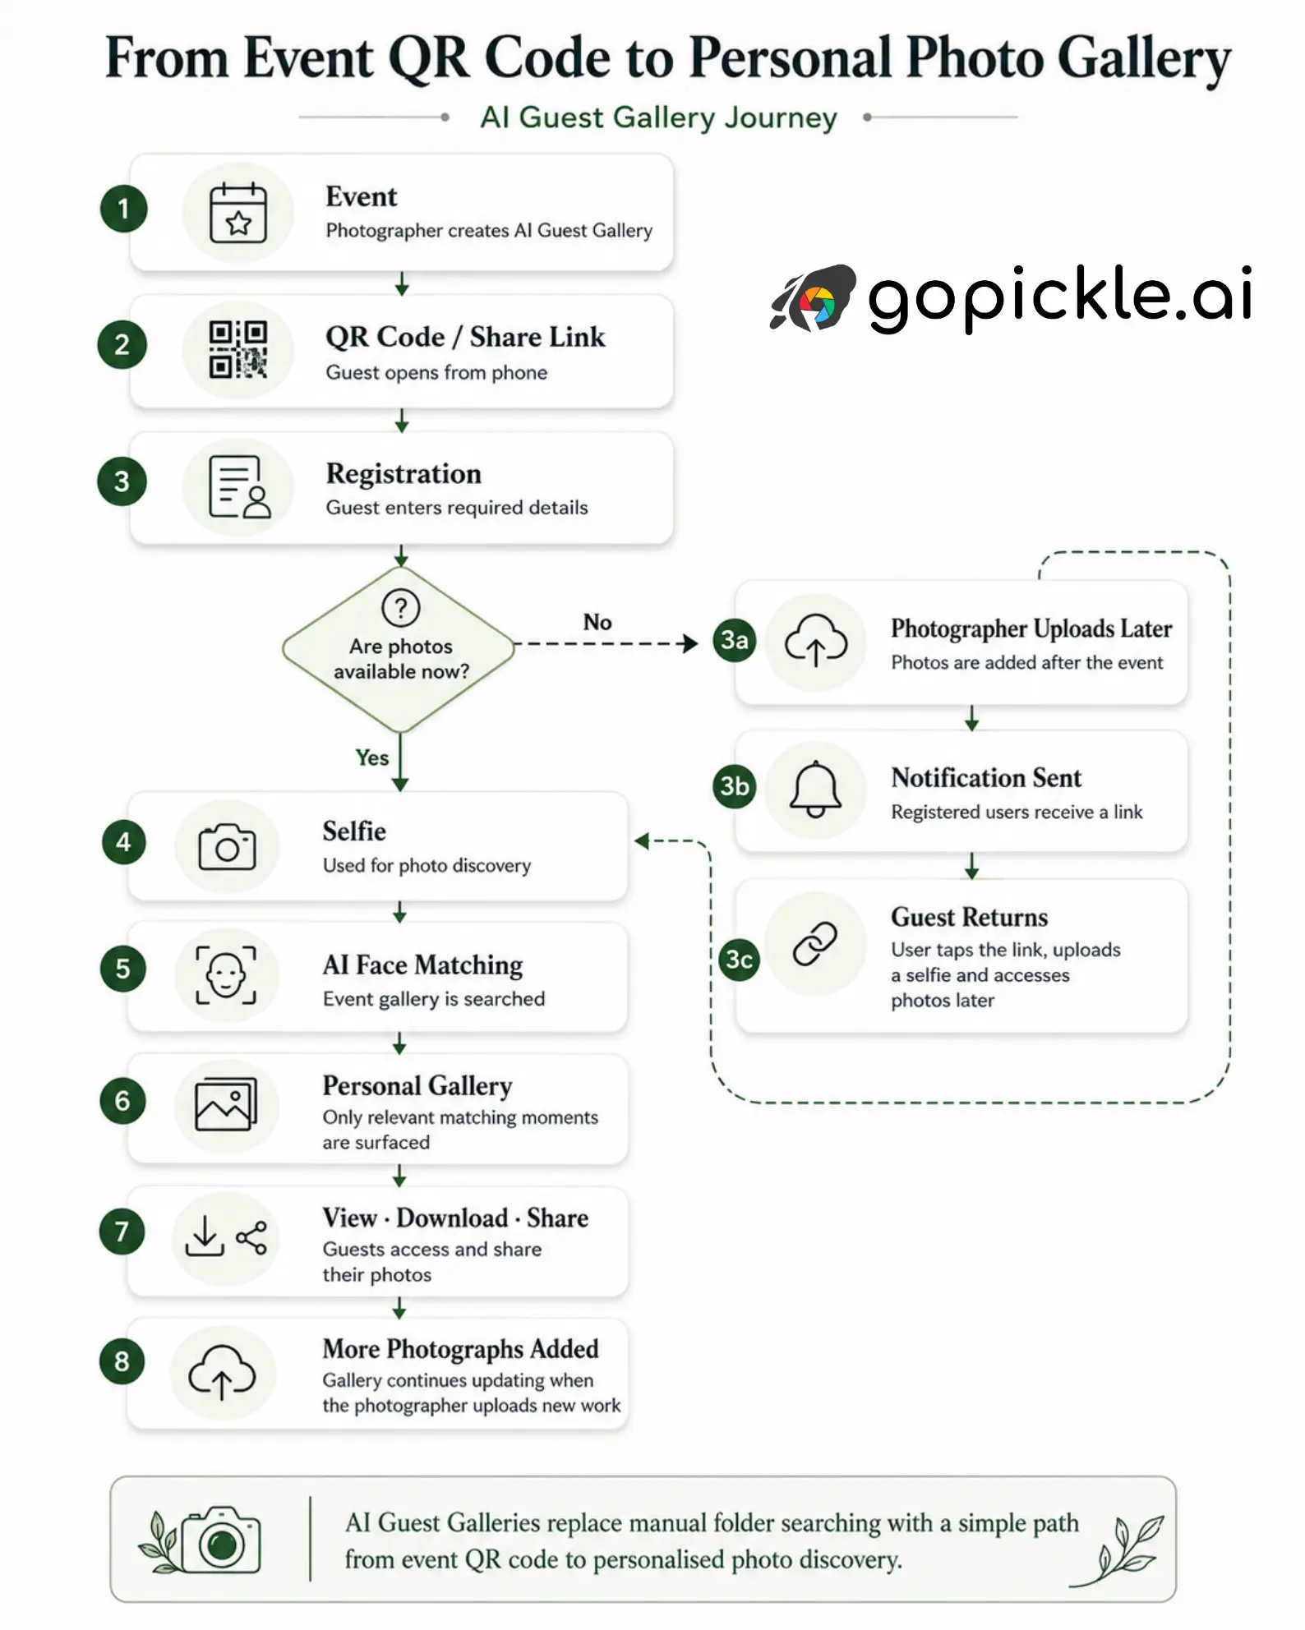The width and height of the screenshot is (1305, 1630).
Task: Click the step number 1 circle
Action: pyautogui.click(x=123, y=209)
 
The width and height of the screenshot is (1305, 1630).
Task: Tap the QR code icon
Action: pyautogui.click(x=238, y=349)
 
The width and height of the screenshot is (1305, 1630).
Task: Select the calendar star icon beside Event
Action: pyautogui.click(x=238, y=213)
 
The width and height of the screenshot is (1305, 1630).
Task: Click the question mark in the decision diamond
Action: pyautogui.click(x=401, y=608)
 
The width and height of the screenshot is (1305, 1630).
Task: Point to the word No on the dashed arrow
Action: pyautogui.click(x=597, y=622)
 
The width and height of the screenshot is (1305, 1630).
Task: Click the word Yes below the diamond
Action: pyautogui.click(x=372, y=757)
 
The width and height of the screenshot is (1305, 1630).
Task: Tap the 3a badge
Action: pyautogui.click(x=735, y=640)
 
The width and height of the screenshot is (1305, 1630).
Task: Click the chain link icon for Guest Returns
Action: pyautogui.click(x=814, y=943)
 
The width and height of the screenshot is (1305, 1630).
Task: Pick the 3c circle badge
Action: pyautogui.click(x=738, y=959)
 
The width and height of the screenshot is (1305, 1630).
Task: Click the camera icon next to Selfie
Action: pyautogui.click(x=227, y=847)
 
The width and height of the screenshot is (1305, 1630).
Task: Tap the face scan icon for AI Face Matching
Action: pyautogui.click(x=225, y=975)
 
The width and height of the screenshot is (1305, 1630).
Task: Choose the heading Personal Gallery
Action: pyautogui.click(x=417, y=1086)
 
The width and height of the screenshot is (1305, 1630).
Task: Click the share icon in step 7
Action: pyautogui.click(x=251, y=1237)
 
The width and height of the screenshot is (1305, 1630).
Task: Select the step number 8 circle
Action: pyautogui.click(x=122, y=1361)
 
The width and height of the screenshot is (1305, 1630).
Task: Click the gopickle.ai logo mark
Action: pyautogui.click(x=813, y=297)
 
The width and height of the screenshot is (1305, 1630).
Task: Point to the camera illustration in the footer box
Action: pyautogui.click(x=220, y=1540)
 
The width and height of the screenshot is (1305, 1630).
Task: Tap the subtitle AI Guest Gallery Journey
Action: pyautogui.click(x=659, y=117)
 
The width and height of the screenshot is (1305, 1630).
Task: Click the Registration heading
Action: pyautogui.click(x=403, y=474)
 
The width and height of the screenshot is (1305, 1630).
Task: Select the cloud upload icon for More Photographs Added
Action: pyautogui.click(x=222, y=1372)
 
